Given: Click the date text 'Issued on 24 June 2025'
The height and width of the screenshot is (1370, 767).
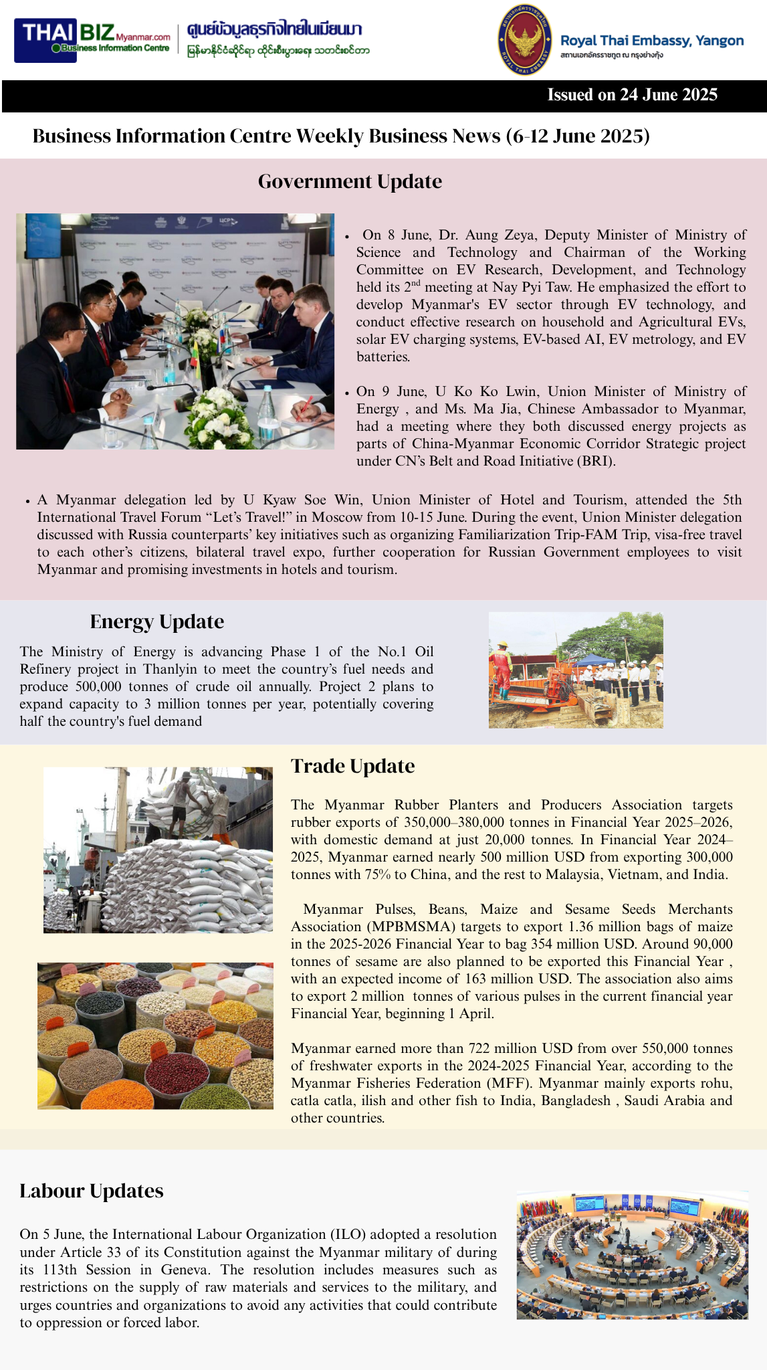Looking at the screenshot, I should tap(632, 95).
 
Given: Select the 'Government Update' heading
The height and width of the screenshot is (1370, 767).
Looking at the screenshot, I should tap(350, 181).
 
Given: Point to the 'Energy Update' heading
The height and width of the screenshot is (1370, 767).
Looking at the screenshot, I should tap(157, 621).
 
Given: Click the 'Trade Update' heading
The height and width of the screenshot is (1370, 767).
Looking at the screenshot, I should tap(352, 766).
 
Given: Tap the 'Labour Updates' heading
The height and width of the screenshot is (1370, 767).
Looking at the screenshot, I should tap(92, 1191).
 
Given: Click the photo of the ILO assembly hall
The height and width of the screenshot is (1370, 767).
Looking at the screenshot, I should tap(632, 1254).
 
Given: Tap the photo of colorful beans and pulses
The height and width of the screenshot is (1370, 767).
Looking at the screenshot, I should tap(155, 1036).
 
